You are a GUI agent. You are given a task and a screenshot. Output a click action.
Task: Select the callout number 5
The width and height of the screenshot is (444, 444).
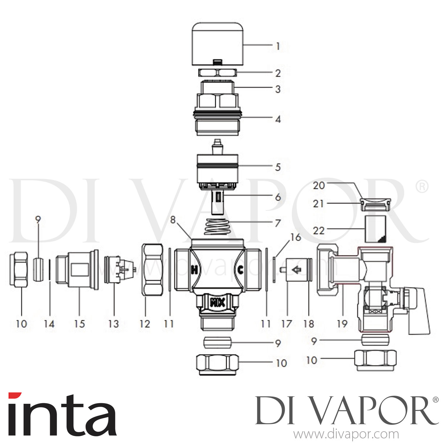point(278,167)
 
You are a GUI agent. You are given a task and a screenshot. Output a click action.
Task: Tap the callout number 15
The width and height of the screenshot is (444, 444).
point(79,324)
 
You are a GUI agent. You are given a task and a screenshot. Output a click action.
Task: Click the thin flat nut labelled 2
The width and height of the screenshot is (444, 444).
point(217,73)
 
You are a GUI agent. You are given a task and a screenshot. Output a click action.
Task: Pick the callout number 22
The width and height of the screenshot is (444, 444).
point(319,231)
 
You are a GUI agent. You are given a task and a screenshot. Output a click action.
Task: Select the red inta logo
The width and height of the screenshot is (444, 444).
point(62,414)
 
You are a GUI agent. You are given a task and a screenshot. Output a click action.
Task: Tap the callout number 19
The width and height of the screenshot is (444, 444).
point(342,324)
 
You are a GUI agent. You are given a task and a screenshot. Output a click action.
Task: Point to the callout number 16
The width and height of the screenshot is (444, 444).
point(296,237)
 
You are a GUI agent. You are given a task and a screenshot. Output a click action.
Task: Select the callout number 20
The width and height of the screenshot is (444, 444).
point(319,186)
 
